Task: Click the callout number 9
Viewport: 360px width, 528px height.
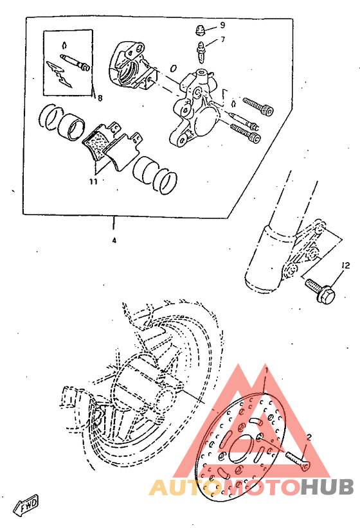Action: point(222,25)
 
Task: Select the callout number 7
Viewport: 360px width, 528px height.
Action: point(222,40)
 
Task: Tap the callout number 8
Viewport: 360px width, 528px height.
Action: point(100,98)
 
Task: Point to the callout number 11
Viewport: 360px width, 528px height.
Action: point(93,181)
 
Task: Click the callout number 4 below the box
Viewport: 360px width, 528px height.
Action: point(114,241)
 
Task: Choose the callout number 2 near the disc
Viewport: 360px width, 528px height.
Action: point(309,437)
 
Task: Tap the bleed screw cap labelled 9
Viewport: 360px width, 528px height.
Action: point(201,29)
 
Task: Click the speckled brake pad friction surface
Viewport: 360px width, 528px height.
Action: point(96,143)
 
